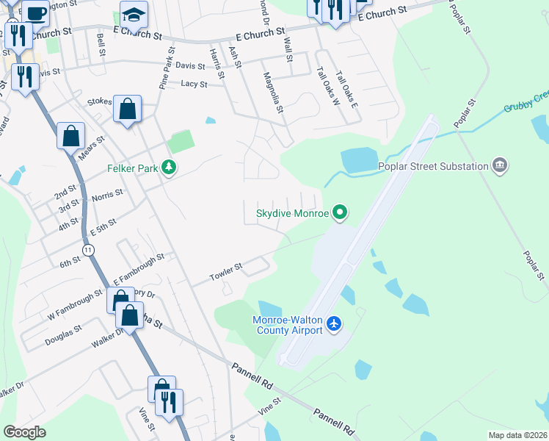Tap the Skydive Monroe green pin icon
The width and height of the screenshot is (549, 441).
point(339,213)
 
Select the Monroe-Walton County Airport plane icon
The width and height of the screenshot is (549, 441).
point(335,323)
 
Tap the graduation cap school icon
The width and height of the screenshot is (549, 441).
point(134,14)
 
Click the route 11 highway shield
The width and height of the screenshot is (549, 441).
point(89,251)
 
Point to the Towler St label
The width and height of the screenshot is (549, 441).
point(228,271)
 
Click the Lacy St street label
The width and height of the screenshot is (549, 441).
point(194,85)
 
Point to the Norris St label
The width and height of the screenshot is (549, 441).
point(107,194)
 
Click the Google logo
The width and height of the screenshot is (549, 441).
point(24,432)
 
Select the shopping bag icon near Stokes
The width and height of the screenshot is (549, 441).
point(128,110)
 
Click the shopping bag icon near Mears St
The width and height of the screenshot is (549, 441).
point(71,136)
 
